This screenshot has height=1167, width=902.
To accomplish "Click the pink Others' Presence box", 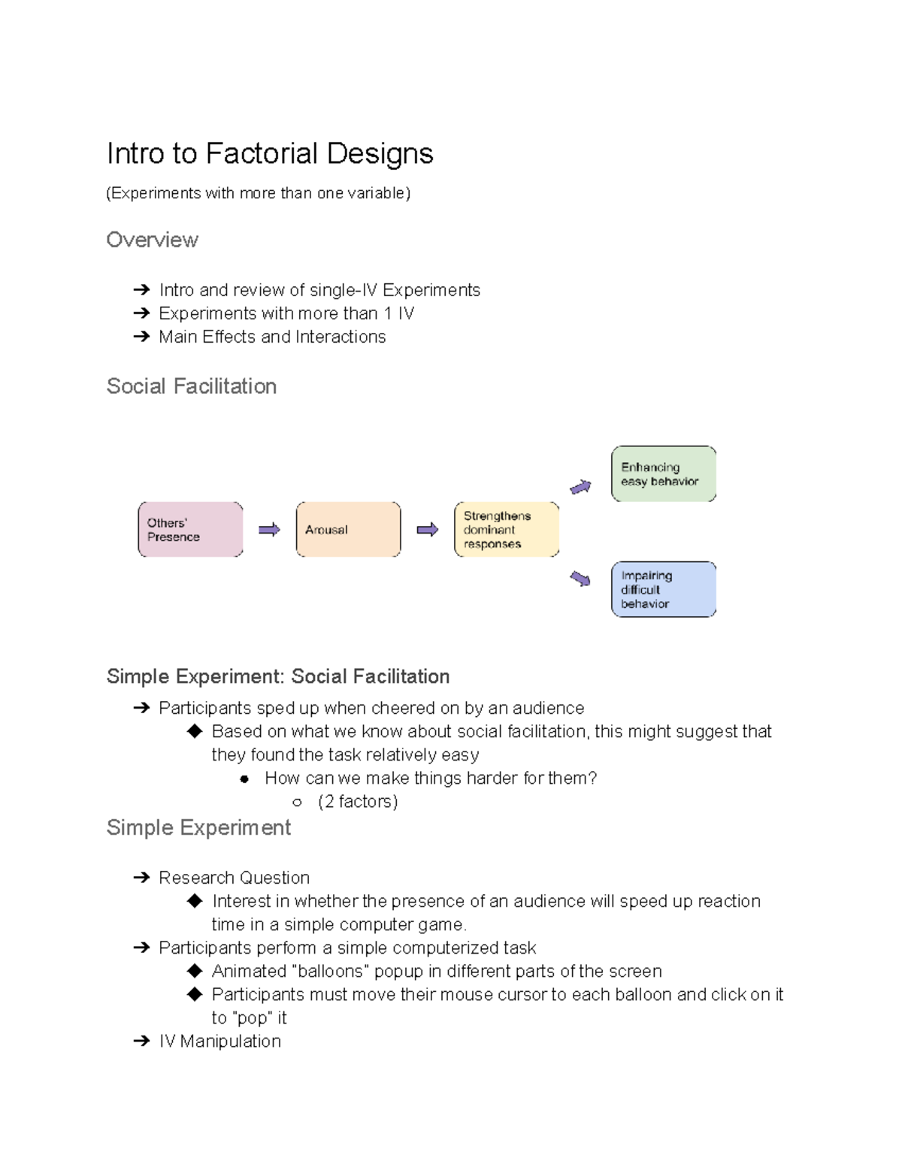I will coord(190,530).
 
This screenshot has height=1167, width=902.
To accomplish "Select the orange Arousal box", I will coord(348,530).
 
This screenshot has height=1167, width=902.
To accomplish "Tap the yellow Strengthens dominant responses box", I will coord(507,530).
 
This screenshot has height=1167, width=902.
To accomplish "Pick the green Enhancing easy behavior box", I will coord(664,474).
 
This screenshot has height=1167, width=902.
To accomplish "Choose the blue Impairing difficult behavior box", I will coord(664,589).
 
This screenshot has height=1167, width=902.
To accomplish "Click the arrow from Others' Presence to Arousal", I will coord(269,530).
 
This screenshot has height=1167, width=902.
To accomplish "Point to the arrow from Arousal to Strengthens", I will coord(428,530).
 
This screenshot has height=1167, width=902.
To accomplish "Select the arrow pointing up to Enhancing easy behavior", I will coord(580,488).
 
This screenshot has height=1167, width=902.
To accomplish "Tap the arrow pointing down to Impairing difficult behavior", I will coord(580,578).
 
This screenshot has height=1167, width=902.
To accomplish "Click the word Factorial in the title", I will coord(262,153).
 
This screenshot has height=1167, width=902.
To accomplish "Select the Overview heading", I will coord(152,240).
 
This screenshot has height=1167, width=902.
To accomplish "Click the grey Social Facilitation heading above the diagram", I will coord(192,386).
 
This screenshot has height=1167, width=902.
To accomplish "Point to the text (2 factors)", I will coord(358,802).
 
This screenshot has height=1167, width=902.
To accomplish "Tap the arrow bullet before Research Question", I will coord(141,878).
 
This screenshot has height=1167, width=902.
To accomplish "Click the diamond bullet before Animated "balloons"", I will coord(195,971).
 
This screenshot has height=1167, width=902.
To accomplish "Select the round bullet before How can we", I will coord(244,779).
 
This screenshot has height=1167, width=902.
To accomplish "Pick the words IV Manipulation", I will coord(219,1041).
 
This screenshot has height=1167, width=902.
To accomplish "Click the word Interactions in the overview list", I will coord(341,337).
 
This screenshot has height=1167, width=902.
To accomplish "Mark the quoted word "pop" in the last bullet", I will coord(253,1018).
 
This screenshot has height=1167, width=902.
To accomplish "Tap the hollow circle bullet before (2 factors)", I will coord(297,803).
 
